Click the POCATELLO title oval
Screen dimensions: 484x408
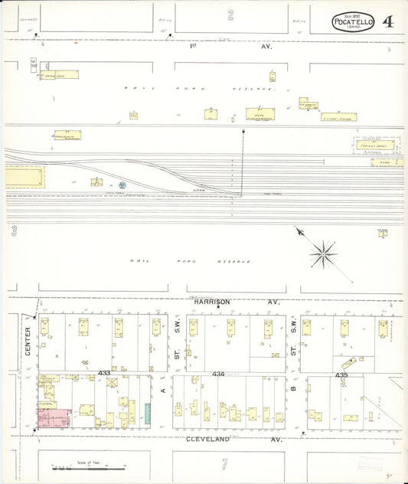click(354, 22)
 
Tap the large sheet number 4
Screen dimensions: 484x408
click(388, 21)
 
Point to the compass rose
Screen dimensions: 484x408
click(324, 252)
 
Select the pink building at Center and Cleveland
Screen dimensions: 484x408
click(54, 418)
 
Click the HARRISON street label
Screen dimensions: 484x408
click(211, 302)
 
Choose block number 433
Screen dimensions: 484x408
click(105, 373)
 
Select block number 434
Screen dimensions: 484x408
click(218, 374)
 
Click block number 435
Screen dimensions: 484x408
click(341, 374)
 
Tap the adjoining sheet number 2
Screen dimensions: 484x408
click(230, 15)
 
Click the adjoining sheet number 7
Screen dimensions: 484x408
click(225, 464)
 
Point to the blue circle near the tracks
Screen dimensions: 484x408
click(122, 185)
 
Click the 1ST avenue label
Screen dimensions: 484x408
click(194, 46)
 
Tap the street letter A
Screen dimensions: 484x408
click(163, 390)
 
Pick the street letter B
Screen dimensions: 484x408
click(293, 390)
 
